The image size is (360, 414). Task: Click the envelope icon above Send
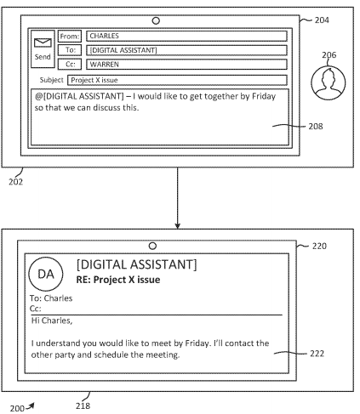[43, 43]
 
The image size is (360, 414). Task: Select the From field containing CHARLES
[186, 37]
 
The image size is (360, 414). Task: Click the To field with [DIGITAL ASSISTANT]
[186, 50]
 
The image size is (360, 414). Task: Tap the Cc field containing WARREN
[186, 65]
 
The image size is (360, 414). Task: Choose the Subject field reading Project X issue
[177, 80]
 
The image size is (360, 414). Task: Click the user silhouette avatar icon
[329, 83]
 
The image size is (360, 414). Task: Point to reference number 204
[322, 20]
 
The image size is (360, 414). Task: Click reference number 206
[329, 54]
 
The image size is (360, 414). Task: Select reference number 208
[316, 126]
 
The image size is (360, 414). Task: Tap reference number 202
[15, 182]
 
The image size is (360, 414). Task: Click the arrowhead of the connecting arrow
[177, 226]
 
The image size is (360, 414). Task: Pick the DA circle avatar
[46, 274]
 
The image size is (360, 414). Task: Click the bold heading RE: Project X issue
[118, 280]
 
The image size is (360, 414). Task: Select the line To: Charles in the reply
[51, 298]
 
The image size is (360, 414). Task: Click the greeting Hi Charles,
[52, 320]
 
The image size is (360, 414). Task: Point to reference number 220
[319, 246]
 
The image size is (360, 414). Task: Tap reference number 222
[317, 354]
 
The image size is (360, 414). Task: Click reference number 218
[83, 405]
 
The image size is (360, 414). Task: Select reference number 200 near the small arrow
[17, 408]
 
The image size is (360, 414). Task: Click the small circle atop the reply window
[152, 246]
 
